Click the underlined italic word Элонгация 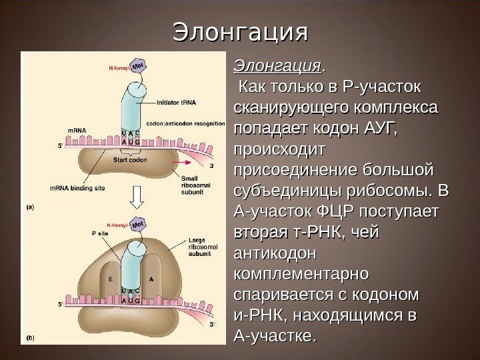276,67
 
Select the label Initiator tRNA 175,103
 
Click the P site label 98,234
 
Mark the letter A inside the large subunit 151,279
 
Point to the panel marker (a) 30,207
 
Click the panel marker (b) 30,338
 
